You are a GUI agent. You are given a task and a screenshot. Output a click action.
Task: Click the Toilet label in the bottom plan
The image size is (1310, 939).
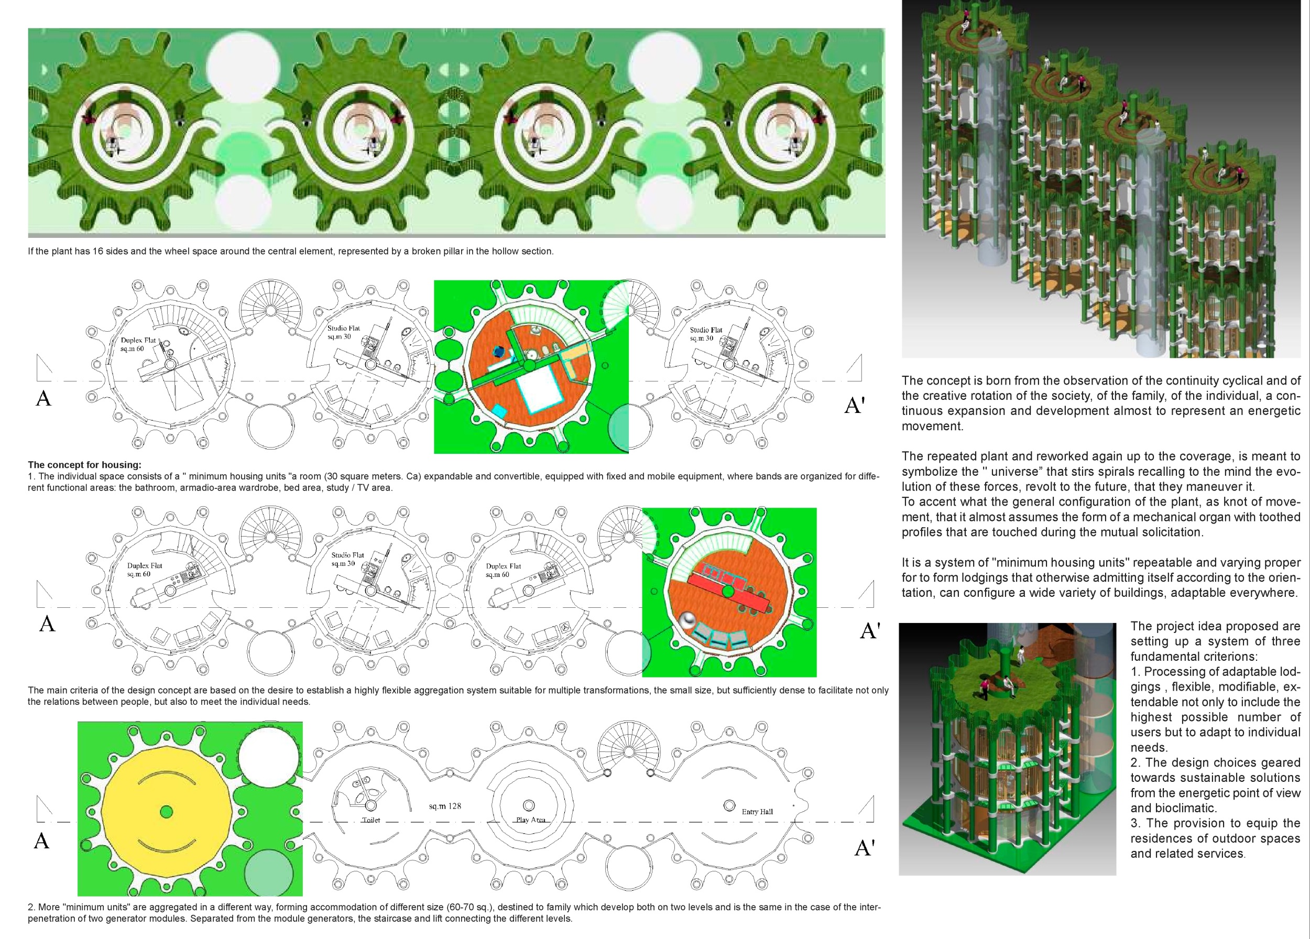(371, 820)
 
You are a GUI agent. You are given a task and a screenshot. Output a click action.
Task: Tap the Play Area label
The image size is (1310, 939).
(530, 820)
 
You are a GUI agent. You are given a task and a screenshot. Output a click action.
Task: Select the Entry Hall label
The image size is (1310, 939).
(757, 811)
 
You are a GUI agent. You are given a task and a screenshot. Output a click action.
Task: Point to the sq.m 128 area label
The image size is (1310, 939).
(445, 805)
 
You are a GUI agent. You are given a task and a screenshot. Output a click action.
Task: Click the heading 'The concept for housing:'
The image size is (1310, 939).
(84, 464)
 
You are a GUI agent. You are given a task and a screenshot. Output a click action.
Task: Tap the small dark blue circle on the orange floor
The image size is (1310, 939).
(498, 351)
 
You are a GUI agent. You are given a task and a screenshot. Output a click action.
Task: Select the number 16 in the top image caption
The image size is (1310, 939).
(97, 251)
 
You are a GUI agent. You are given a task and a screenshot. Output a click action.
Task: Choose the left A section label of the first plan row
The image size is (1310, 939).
(44, 398)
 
